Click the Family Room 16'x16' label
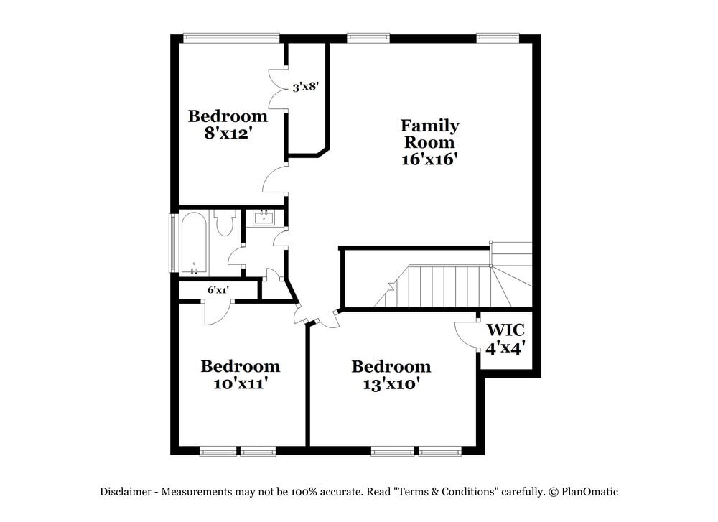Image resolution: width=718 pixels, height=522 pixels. click(x=429, y=142)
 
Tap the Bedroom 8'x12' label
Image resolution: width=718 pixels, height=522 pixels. click(x=228, y=124)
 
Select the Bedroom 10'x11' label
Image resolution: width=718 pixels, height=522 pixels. click(x=240, y=374)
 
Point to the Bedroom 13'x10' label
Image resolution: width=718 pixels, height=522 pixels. click(x=391, y=375)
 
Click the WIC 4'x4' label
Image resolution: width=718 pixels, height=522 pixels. click(x=505, y=339)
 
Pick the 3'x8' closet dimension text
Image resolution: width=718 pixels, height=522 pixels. click(x=305, y=88)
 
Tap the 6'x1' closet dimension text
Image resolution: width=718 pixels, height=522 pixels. click(x=218, y=291)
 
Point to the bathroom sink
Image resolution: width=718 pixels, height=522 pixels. click(x=264, y=216)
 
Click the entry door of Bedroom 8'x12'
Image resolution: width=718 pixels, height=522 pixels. click(x=274, y=180)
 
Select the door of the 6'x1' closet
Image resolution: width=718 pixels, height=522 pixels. click(x=217, y=312)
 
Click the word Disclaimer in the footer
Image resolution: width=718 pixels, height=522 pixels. click(x=126, y=492)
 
